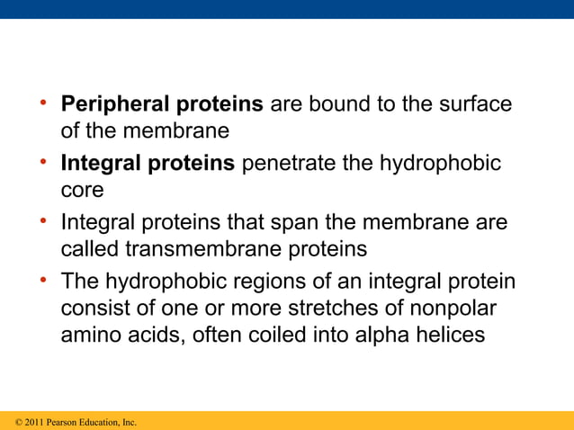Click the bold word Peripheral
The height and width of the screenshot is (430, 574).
(114, 104)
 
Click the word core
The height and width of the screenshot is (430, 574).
(82, 191)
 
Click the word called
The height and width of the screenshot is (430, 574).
(87, 248)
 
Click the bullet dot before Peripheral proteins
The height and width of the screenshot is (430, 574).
(42, 103)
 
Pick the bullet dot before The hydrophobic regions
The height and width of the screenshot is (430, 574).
(42, 280)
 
